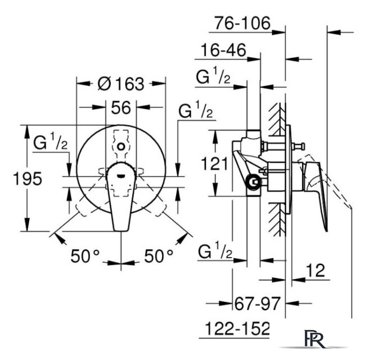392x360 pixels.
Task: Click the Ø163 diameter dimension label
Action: [121, 83]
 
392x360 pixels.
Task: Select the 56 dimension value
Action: [121, 108]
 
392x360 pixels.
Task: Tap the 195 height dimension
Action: [28, 178]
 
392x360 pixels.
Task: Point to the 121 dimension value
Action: [214, 164]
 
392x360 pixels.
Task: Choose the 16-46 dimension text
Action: [224, 50]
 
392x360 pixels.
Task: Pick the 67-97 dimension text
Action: [258, 304]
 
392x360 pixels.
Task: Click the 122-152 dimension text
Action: [237, 328]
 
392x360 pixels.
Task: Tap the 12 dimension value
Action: [316, 270]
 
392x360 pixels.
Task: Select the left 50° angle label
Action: [85, 256]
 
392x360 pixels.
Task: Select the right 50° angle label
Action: [159, 256]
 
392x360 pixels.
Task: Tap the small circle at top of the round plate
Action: [121, 146]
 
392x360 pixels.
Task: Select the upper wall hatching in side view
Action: [277, 119]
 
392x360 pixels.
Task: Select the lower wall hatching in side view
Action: [277, 219]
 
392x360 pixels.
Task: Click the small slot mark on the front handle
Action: [121, 176]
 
